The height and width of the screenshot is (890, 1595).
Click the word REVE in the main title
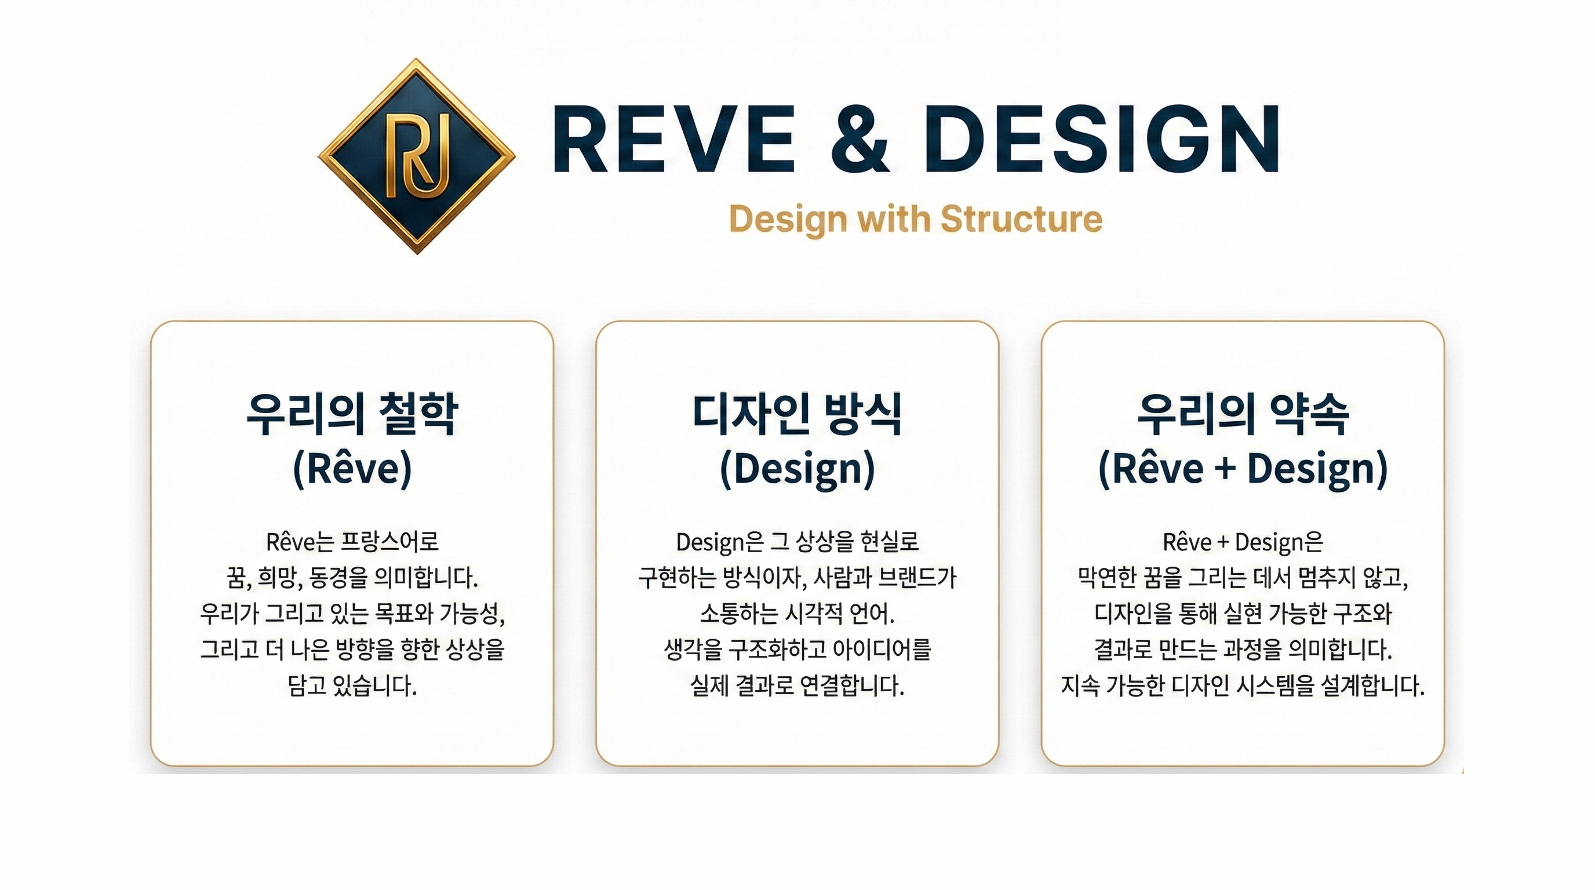click(x=674, y=138)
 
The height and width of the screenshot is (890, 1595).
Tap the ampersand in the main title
click(x=860, y=138)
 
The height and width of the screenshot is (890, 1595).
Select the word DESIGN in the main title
click(x=1102, y=138)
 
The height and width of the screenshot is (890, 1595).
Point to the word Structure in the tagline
click(x=1022, y=219)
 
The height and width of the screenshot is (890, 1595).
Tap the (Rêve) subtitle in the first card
click(x=352, y=469)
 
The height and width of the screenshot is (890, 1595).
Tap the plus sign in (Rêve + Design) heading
click(x=1225, y=469)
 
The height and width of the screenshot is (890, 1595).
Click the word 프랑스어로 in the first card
click(x=390, y=542)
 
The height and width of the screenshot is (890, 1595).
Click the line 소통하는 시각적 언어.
click(x=797, y=614)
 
